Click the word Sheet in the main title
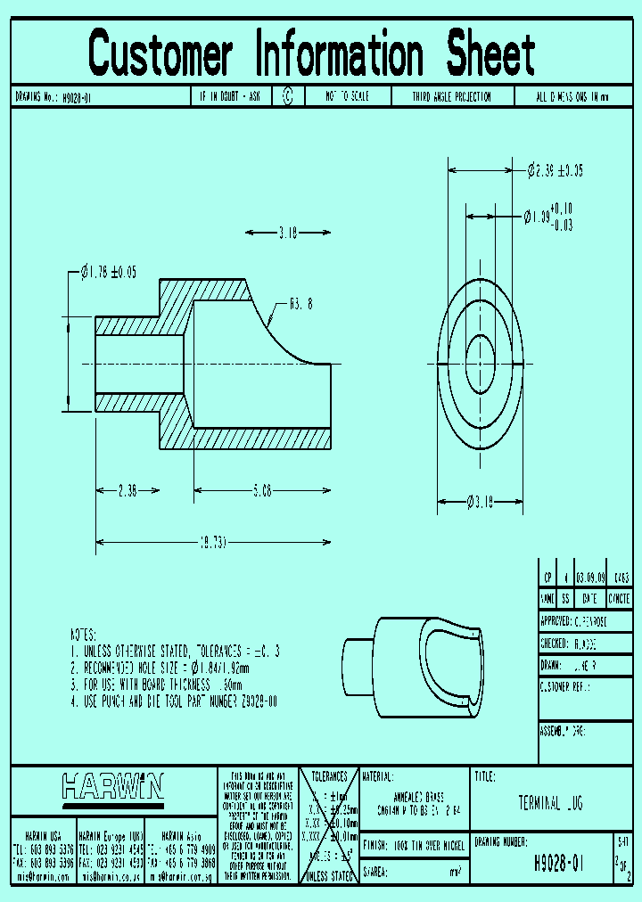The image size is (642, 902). tap(490, 54)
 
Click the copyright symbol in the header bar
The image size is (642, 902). tap(287, 97)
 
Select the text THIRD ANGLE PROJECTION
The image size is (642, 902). tap(451, 97)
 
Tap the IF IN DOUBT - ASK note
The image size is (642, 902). tap(229, 97)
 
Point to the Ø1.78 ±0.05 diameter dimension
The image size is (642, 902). tap(109, 273)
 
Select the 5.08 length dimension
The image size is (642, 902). tap(262, 489)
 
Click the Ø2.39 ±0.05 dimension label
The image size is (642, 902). tap(555, 169)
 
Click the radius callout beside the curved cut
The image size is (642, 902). tap(300, 303)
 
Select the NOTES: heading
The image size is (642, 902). tap(83, 635)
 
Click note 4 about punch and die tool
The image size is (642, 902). tap(174, 702)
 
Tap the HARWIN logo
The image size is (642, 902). tap(113, 786)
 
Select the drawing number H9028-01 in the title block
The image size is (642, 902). tap(558, 863)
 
